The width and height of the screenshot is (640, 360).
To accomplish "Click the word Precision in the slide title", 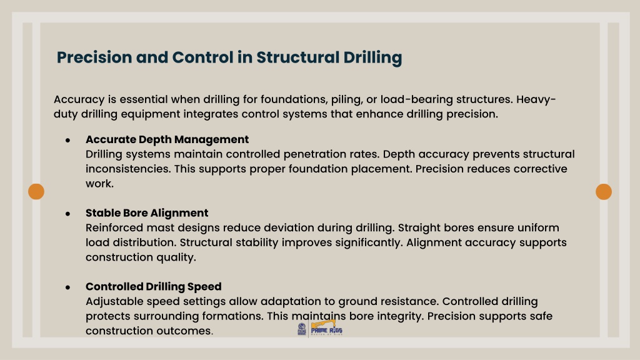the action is (94, 57).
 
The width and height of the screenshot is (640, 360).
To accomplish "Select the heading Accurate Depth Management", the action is (167, 139).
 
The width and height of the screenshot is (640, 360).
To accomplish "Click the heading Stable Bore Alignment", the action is (147, 213).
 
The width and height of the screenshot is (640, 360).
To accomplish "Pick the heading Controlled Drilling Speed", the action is (154, 286).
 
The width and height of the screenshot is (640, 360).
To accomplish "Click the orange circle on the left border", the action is (36, 191).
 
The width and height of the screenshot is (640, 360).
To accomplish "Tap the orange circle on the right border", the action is (604, 191).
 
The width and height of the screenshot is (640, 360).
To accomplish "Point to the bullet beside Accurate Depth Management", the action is (67, 141).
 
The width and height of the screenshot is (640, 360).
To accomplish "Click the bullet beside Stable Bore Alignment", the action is (67, 214).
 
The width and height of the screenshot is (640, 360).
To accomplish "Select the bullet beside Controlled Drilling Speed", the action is (67, 287).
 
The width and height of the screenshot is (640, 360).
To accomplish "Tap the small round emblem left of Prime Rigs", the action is (302, 329).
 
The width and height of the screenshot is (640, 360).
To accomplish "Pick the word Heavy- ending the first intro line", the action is (536, 99).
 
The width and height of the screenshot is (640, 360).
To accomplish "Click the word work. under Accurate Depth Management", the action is (99, 184).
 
